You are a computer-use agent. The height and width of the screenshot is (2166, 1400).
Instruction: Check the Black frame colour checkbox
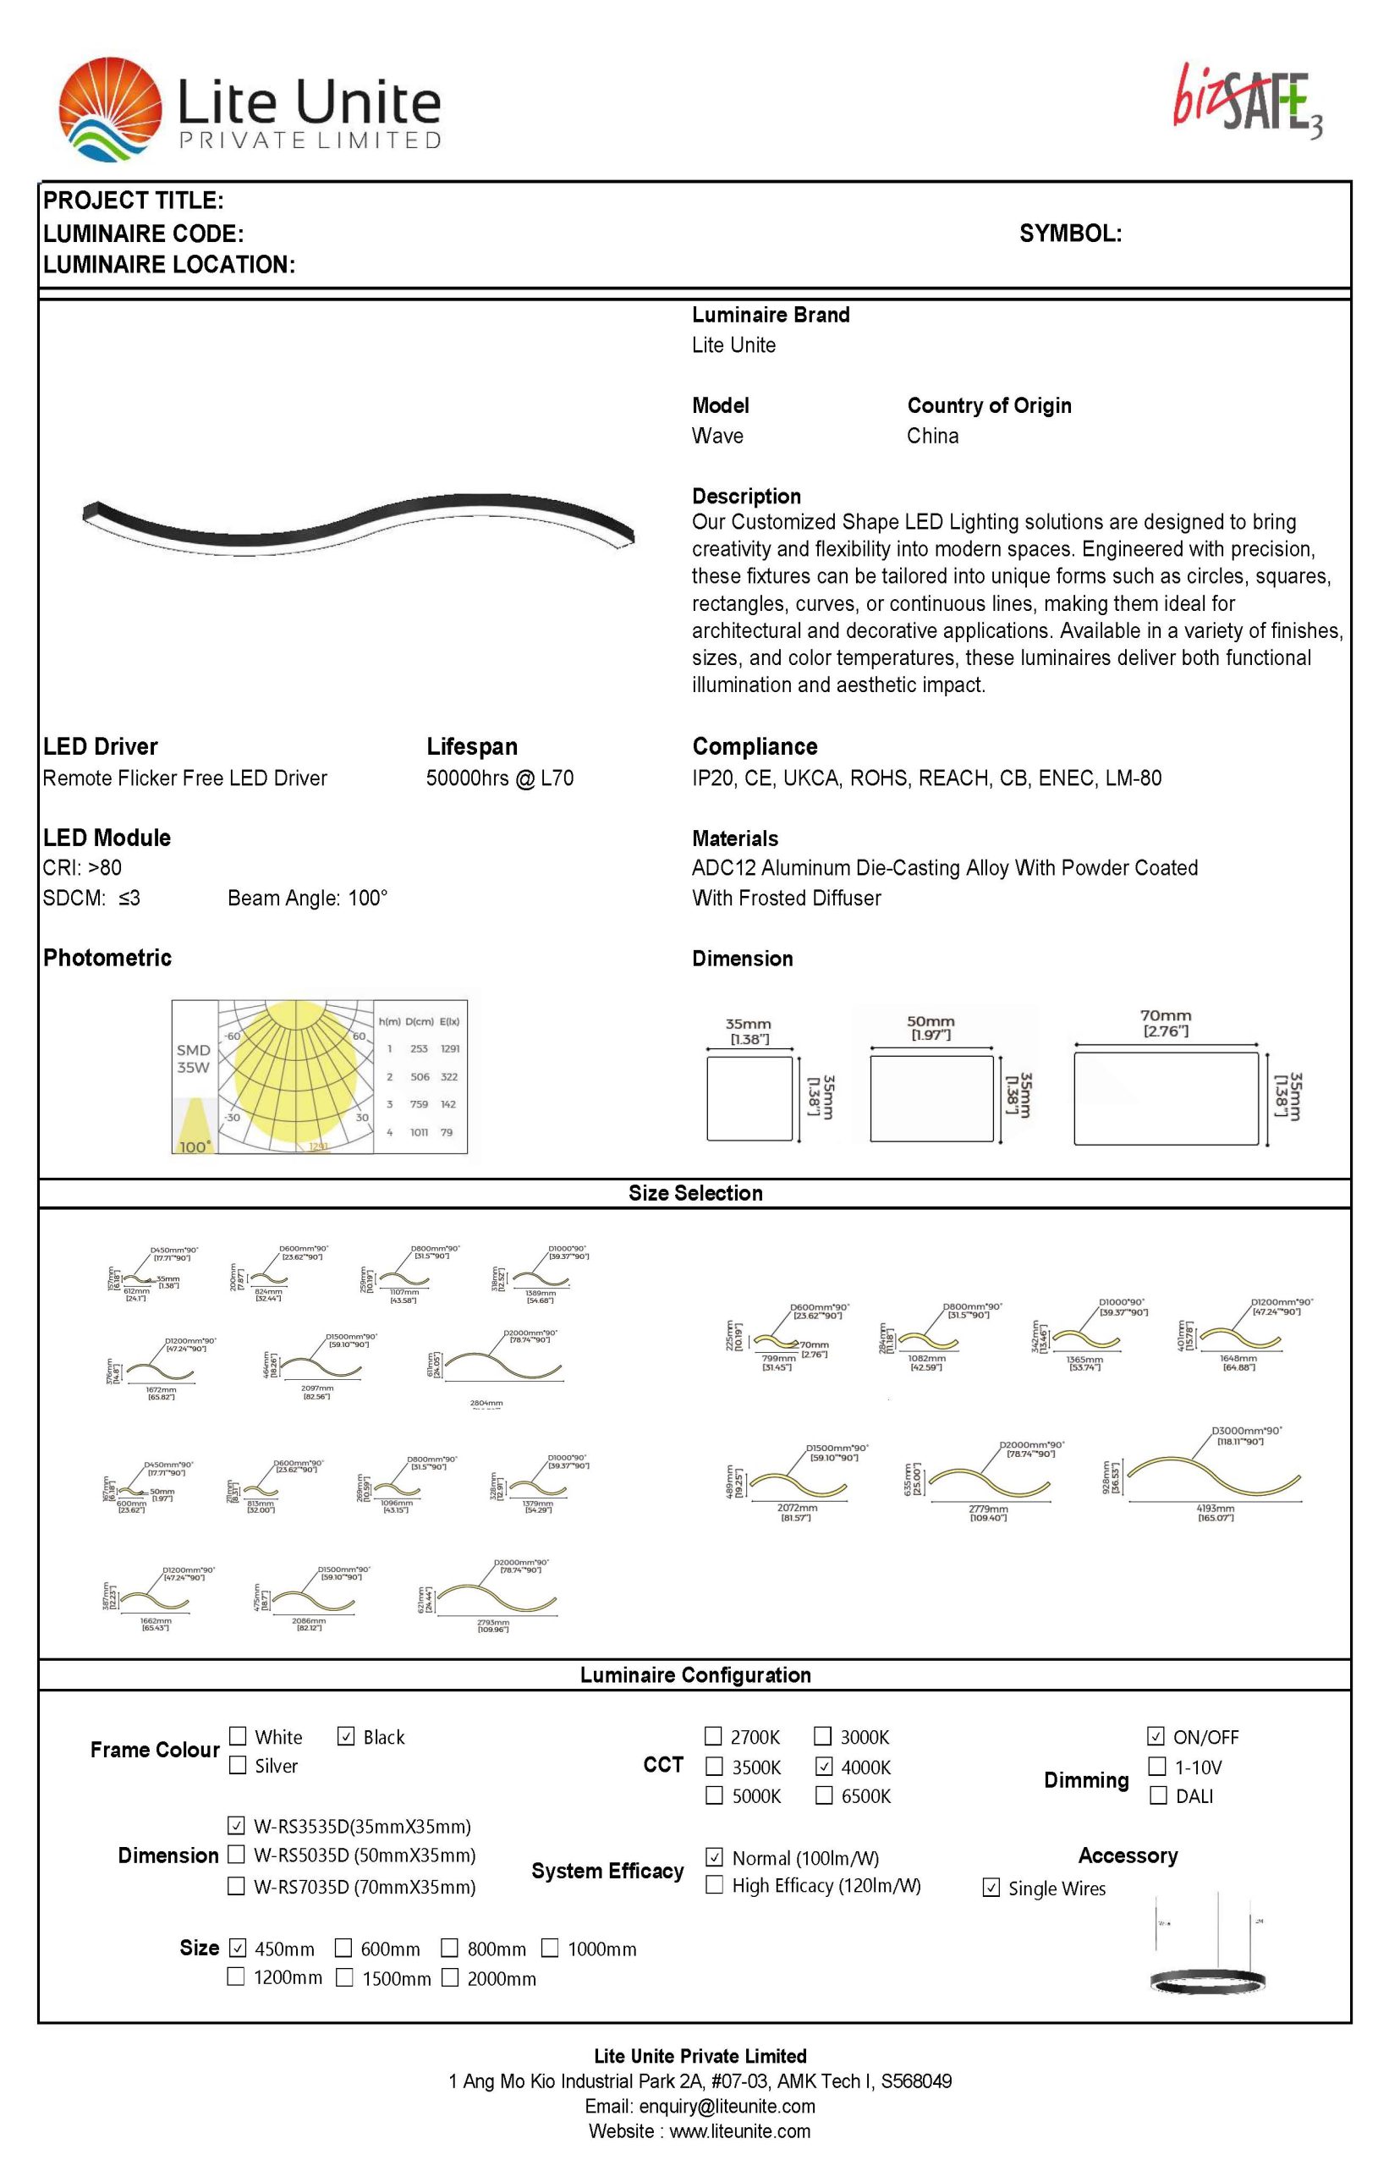345,1736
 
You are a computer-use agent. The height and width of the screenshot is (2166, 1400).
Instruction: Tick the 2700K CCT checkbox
714,1736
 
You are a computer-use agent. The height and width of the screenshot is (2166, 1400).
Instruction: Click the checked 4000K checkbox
824,1766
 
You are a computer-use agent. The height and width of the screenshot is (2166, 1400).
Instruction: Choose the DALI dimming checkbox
1157,1795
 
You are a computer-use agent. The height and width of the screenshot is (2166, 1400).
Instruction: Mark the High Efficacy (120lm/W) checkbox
715,1884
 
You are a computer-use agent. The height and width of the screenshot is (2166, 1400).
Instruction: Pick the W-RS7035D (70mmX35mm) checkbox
236,1885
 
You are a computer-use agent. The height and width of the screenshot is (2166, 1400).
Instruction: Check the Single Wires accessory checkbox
991,1888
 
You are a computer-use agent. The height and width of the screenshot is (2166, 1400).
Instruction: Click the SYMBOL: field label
1070,234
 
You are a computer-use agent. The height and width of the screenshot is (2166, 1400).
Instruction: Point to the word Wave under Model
717,436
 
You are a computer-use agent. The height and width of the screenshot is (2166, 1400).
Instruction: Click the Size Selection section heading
695,1193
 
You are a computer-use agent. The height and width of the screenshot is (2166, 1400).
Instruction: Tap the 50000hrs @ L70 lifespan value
499,778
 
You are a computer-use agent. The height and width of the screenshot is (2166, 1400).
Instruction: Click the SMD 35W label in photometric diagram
193,1058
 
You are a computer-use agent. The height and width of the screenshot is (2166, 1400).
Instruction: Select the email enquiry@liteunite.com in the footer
727,2106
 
